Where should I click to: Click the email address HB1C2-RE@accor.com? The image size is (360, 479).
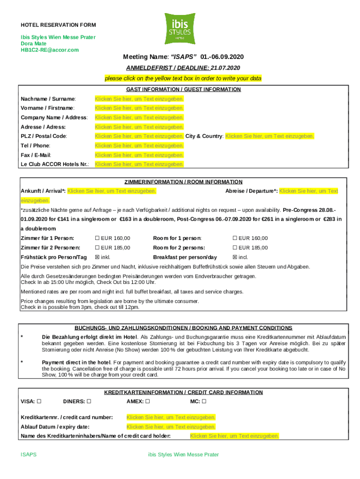(49, 50)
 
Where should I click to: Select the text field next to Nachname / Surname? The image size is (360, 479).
(139, 99)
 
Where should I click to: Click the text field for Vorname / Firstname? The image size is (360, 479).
(139, 108)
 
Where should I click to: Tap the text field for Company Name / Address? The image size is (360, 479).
(139, 117)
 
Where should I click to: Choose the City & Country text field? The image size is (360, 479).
(270, 136)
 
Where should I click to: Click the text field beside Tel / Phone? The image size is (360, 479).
(139, 145)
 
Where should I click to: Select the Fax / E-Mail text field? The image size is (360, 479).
(139, 155)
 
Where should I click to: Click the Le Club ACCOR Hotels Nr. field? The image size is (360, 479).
(139, 164)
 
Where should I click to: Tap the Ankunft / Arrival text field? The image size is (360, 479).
(112, 191)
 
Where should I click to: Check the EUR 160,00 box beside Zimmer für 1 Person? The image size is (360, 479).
(98, 238)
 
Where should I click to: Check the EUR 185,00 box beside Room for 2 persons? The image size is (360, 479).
(235, 247)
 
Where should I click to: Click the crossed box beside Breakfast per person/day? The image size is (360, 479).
(235, 257)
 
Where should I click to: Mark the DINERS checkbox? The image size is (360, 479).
(89, 401)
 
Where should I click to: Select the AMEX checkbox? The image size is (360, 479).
(148, 401)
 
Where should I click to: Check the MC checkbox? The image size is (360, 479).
(204, 401)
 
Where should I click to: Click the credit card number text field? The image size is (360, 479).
(171, 417)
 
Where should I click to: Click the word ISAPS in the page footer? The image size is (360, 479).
(29, 454)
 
